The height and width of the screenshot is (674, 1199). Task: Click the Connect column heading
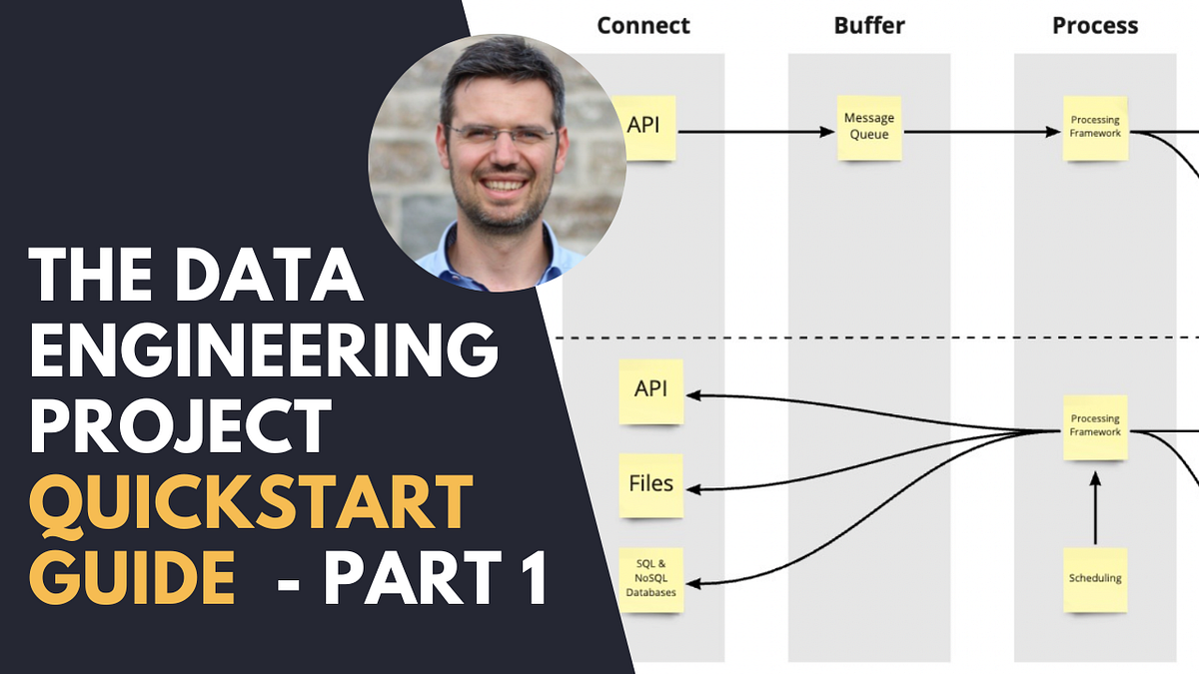click(642, 25)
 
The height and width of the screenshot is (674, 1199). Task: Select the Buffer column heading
click(868, 25)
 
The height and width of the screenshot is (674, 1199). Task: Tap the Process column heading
click(1095, 25)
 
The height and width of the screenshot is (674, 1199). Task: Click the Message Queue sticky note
click(869, 127)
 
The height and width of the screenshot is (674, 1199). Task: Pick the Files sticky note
click(650, 485)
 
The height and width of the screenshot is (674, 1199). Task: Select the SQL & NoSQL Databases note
click(650, 579)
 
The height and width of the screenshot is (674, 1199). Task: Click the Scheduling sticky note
click(1095, 579)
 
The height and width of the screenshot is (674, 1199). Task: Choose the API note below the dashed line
click(650, 390)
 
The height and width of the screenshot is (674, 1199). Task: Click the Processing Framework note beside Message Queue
click(1095, 127)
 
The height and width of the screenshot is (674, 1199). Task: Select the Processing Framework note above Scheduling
click(1095, 426)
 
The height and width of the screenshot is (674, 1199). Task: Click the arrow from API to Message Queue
click(754, 130)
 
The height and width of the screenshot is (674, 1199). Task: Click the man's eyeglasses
click(502, 134)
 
